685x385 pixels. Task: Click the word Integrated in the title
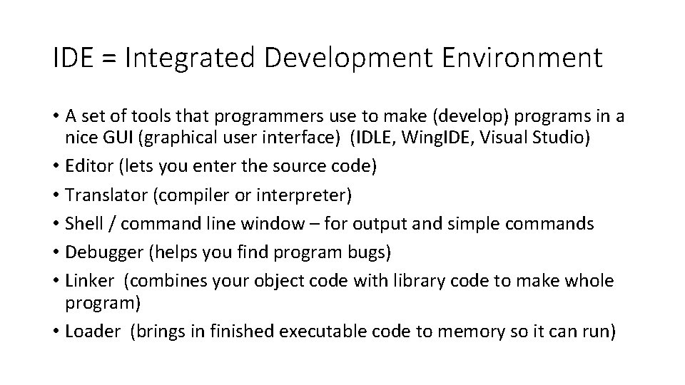coord(188,58)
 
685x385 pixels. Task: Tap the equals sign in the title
coord(108,58)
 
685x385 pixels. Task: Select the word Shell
coord(82,223)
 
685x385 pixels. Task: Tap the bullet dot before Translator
coord(56,195)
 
